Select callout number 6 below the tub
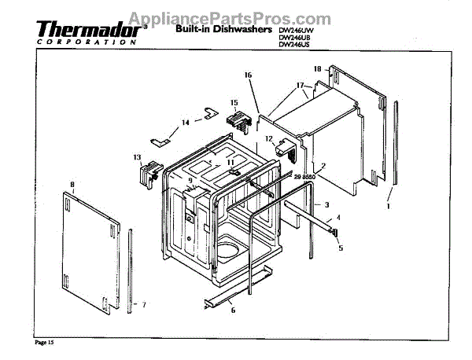click(233, 310)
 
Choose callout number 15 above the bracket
click(234, 103)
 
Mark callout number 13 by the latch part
click(136, 156)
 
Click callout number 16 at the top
click(248, 75)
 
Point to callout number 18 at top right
click(318, 69)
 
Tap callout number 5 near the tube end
click(340, 248)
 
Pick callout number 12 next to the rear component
click(268, 138)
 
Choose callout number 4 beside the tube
click(339, 216)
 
